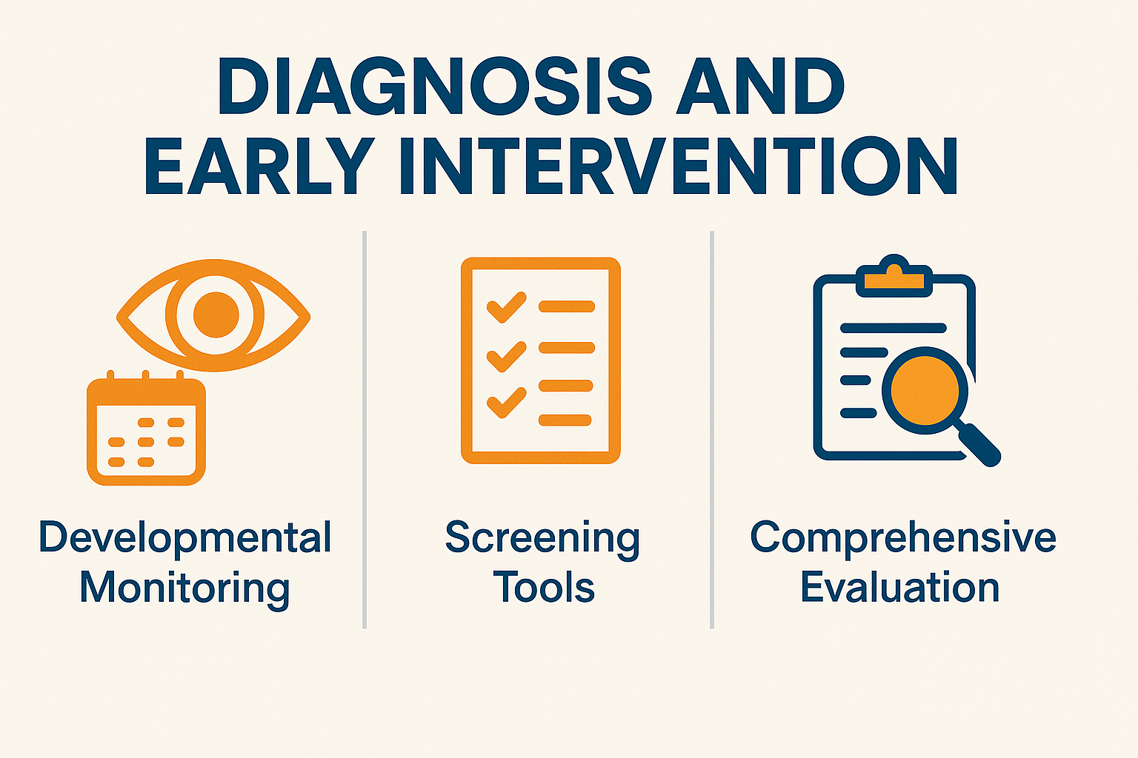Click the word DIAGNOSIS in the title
pyautogui.click(x=435, y=87)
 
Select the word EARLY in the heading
pyautogui.click(x=259, y=166)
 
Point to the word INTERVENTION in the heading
pyautogui.click(x=679, y=166)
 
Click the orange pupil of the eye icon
pyautogui.click(x=216, y=315)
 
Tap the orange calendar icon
pyautogui.click(x=146, y=428)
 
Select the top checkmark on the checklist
pyautogui.click(x=506, y=306)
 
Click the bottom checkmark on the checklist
pyautogui.click(x=506, y=402)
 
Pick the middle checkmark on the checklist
pyautogui.click(x=506, y=356)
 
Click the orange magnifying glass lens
pyautogui.click(x=925, y=390)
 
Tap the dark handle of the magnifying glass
pyautogui.click(x=980, y=446)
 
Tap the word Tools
pyautogui.click(x=544, y=588)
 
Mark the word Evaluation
pyautogui.click(x=899, y=588)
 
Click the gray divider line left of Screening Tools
pyautogui.click(x=365, y=429)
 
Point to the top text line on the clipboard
pyautogui.click(x=893, y=328)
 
